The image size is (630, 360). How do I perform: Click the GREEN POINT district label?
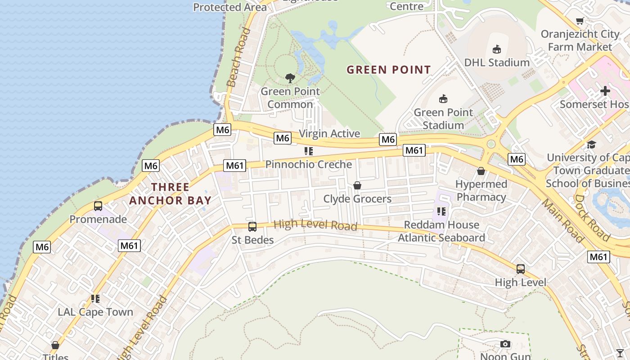pos(389,70)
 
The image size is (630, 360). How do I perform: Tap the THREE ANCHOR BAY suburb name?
pos(170,193)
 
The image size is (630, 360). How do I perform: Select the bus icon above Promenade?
pos(98,206)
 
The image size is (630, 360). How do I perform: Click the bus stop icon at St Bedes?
pos(252,227)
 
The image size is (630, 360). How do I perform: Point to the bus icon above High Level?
pos(521,269)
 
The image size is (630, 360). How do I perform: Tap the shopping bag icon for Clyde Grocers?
pos(357,185)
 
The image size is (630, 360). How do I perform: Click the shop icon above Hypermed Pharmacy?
pos(481,171)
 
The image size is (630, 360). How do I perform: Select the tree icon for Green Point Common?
pos(290,78)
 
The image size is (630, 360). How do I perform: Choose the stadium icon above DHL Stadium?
pos(497,49)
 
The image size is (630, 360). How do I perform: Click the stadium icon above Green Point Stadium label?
pos(443,99)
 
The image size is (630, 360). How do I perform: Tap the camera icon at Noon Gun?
pos(505,344)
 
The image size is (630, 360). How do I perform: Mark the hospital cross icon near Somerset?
pos(605,91)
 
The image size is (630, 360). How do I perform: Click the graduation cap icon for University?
pos(591,144)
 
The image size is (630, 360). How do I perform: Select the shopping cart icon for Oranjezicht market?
pos(580,21)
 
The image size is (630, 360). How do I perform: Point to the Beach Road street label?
pos(238,57)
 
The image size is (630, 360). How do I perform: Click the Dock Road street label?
pos(592,218)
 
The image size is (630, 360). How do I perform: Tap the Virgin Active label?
pos(329,134)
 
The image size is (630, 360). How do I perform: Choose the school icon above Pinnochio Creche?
pos(308,151)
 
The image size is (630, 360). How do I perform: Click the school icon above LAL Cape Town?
pos(95,298)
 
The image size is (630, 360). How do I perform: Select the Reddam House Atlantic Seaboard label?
pos(441,231)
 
